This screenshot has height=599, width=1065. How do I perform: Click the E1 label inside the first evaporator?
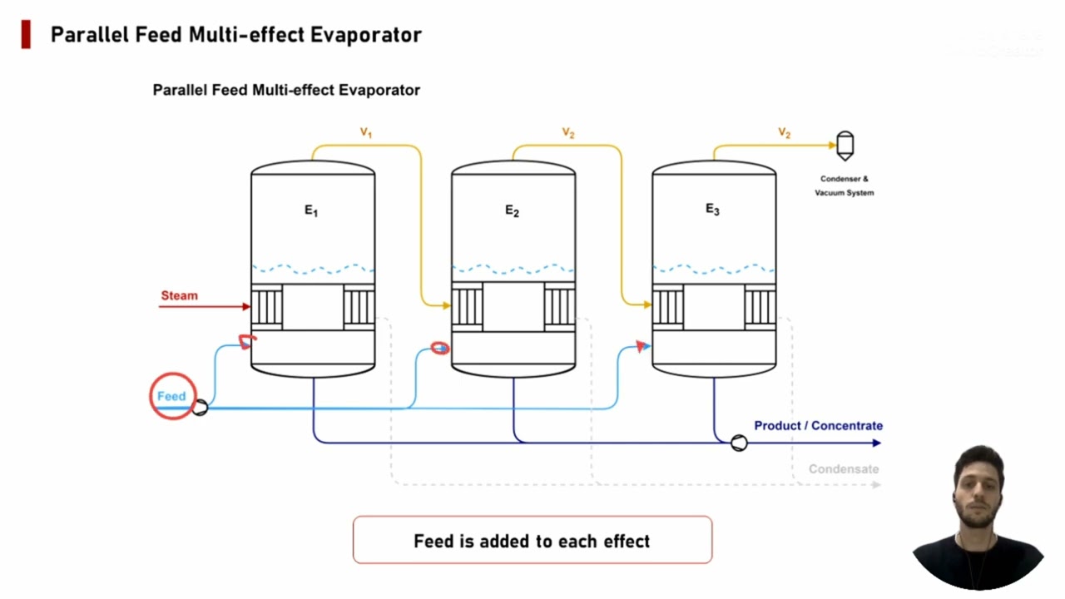tap(310, 211)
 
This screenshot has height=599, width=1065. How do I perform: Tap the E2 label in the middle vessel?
tap(512, 211)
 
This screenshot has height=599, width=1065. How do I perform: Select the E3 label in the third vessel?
tap(712, 210)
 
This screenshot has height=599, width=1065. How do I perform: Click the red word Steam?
tap(180, 295)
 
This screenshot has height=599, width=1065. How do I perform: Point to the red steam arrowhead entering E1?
tap(246, 307)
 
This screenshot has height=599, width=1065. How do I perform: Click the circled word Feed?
tap(171, 396)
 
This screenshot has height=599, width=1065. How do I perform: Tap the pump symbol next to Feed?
tap(200, 408)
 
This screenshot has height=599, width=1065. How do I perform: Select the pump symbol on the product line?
tap(739, 443)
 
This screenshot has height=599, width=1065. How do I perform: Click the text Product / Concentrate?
tap(818, 425)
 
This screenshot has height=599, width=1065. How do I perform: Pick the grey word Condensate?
tap(844, 469)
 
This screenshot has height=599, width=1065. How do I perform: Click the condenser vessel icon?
tap(845, 146)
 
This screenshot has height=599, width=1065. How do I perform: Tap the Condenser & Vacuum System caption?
tap(845, 186)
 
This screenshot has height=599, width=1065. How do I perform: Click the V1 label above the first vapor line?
tap(365, 132)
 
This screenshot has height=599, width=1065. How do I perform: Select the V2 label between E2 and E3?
tap(568, 133)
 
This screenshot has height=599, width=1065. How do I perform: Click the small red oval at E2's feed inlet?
tap(440, 348)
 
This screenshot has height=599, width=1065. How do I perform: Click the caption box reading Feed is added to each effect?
tap(532, 541)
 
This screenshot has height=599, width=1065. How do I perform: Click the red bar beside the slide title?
tap(27, 35)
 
